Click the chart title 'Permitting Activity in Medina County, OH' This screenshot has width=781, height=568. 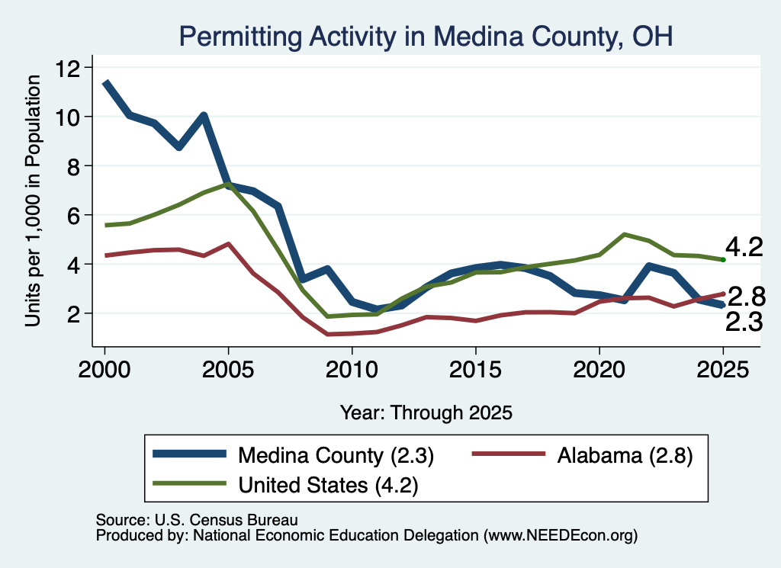(426, 37)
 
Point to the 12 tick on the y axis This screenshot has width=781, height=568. (69, 68)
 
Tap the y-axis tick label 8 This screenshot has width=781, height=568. (74, 165)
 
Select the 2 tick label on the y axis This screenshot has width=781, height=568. (74, 313)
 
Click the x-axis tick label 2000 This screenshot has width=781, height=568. (104, 370)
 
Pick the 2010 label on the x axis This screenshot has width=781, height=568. (352, 370)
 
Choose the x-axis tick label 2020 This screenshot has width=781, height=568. (599, 370)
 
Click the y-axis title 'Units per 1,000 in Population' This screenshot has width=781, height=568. (33, 201)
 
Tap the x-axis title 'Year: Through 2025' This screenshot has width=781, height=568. (426, 412)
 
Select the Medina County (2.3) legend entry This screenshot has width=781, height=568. (294, 455)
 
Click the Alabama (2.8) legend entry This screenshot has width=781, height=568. (582, 455)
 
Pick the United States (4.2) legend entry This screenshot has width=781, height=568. (286, 484)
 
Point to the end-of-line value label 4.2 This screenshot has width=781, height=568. (744, 248)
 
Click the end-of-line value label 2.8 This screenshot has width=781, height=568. (747, 297)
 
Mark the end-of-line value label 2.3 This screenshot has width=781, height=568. (744, 322)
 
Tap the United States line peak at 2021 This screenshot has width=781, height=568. (624, 234)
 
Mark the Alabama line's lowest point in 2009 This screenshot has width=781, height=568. (327, 334)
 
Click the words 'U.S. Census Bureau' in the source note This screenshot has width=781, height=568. (226, 520)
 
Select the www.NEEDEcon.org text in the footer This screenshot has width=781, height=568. (561, 535)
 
